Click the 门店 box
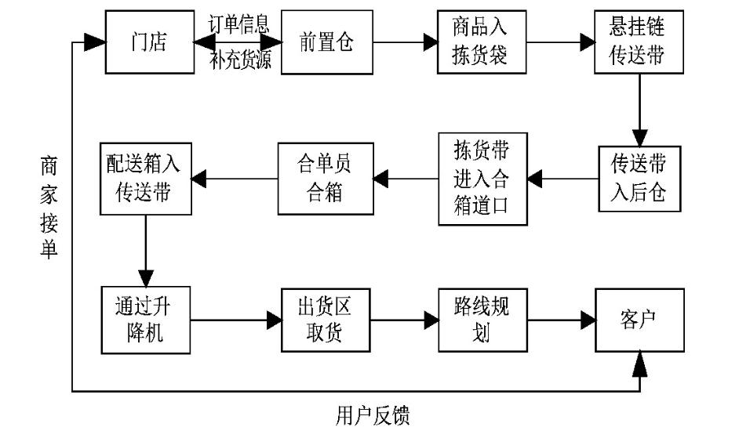(x=149, y=42)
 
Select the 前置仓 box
(x=326, y=42)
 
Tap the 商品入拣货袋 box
(x=481, y=42)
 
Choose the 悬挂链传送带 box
(x=639, y=42)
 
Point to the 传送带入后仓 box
(x=639, y=178)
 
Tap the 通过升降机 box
(x=146, y=320)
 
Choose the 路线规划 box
(x=481, y=320)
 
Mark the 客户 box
(x=639, y=320)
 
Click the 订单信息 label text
(x=238, y=24)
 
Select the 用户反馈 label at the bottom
(x=373, y=414)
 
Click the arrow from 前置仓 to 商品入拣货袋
(x=403, y=42)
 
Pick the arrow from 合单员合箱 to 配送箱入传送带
(x=235, y=179)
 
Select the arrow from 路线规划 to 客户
(x=561, y=320)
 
